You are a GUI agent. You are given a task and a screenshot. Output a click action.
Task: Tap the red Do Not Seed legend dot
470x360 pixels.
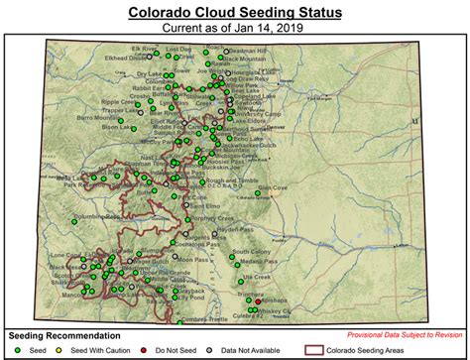coord(134,349)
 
